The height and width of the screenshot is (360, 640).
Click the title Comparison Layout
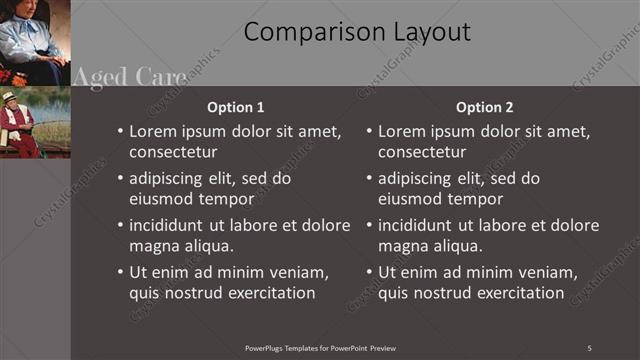tap(357, 32)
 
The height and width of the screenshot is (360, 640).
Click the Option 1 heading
tap(235, 107)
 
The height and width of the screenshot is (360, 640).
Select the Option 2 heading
tap(484, 107)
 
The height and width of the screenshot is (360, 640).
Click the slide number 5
tap(589, 347)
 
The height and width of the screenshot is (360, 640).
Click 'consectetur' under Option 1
tap(173, 152)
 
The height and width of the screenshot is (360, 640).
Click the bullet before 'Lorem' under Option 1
tap(120, 132)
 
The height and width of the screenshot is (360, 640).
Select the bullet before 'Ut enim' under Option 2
tap(369, 272)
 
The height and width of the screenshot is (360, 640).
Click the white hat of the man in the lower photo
tap(10, 96)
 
